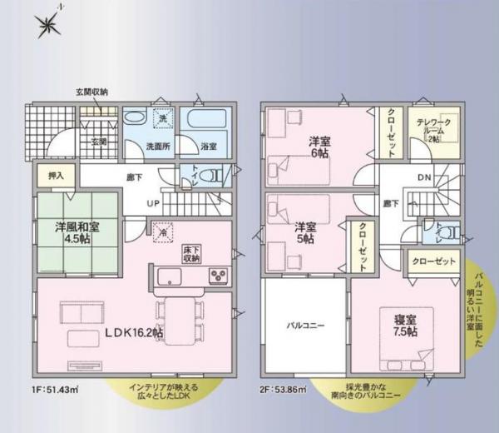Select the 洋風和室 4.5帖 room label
click(x=61, y=230)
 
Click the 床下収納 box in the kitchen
click(x=192, y=252)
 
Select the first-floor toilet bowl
click(x=212, y=177)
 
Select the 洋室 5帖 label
click(x=305, y=232)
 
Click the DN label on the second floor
click(x=423, y=177)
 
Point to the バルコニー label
click(x=304, y=325)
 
